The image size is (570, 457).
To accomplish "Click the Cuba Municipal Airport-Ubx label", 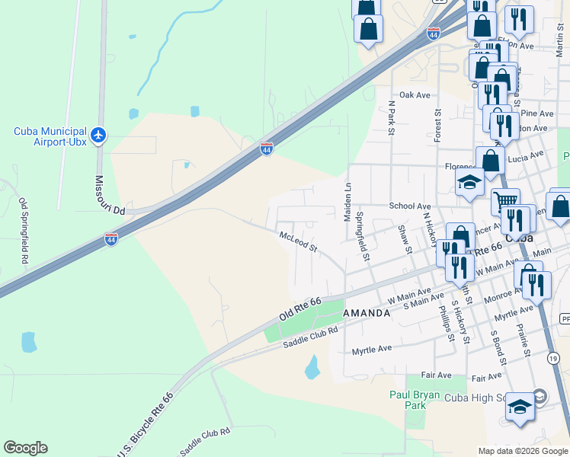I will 50,136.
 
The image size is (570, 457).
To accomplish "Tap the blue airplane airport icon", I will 98,136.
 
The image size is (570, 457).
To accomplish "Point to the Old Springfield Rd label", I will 24,231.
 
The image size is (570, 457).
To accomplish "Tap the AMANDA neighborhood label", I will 367,313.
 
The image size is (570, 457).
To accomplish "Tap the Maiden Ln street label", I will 347,202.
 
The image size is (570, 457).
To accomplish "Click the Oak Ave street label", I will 415,95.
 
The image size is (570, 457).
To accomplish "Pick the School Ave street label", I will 410,206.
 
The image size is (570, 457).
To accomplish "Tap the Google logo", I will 25,448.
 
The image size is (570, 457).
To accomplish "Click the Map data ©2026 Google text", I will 522,451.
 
